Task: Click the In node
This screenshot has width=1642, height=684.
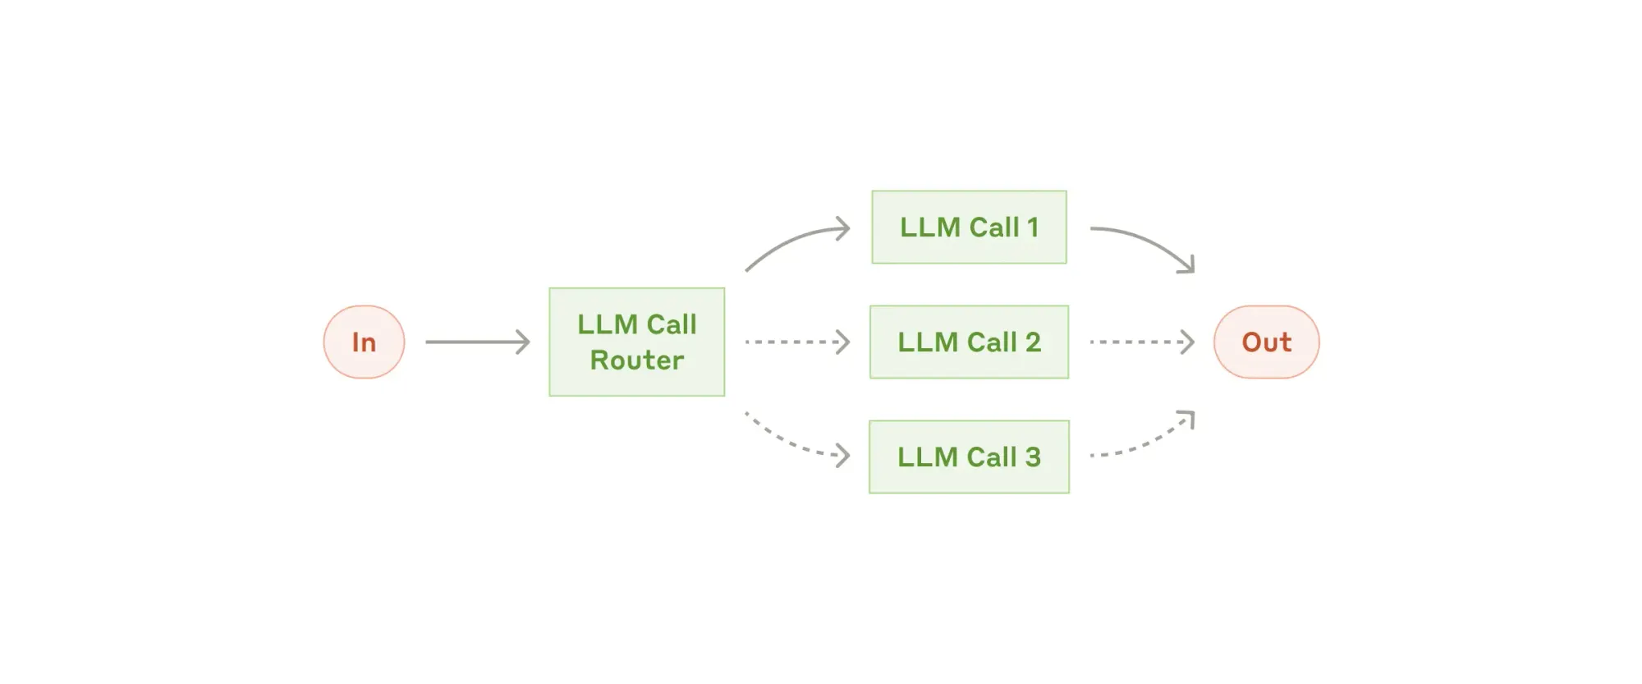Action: [x=364, y=342]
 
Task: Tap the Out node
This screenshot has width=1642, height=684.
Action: [x=1266, y=342]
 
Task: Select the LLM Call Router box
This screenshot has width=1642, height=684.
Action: [x=637, y=342]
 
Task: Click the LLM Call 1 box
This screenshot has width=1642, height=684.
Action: [x=969, y=227]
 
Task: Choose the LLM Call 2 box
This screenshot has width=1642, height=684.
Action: [x=969, y=342]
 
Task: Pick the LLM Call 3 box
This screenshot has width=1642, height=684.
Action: [x=969, y=457]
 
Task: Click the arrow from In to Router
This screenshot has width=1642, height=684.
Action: [x=478, y=342]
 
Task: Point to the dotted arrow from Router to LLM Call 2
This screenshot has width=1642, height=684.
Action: [x=797, y=342]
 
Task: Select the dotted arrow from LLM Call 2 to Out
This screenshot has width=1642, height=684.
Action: [x=1142, y=342]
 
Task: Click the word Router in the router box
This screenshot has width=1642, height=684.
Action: [x=637, y=360]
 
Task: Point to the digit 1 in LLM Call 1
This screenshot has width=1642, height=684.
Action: [x=1033, y=227]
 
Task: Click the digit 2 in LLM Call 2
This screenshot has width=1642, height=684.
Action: [x=1033, y=342]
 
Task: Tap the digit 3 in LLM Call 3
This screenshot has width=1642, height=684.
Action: [x=1033, y=457]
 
